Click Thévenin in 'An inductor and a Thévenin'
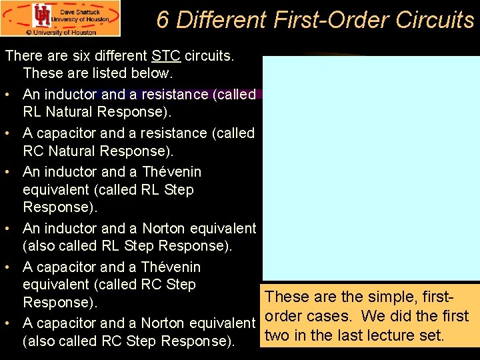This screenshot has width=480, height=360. pos(171,172)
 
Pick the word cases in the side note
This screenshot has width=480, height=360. pos(338,316)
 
